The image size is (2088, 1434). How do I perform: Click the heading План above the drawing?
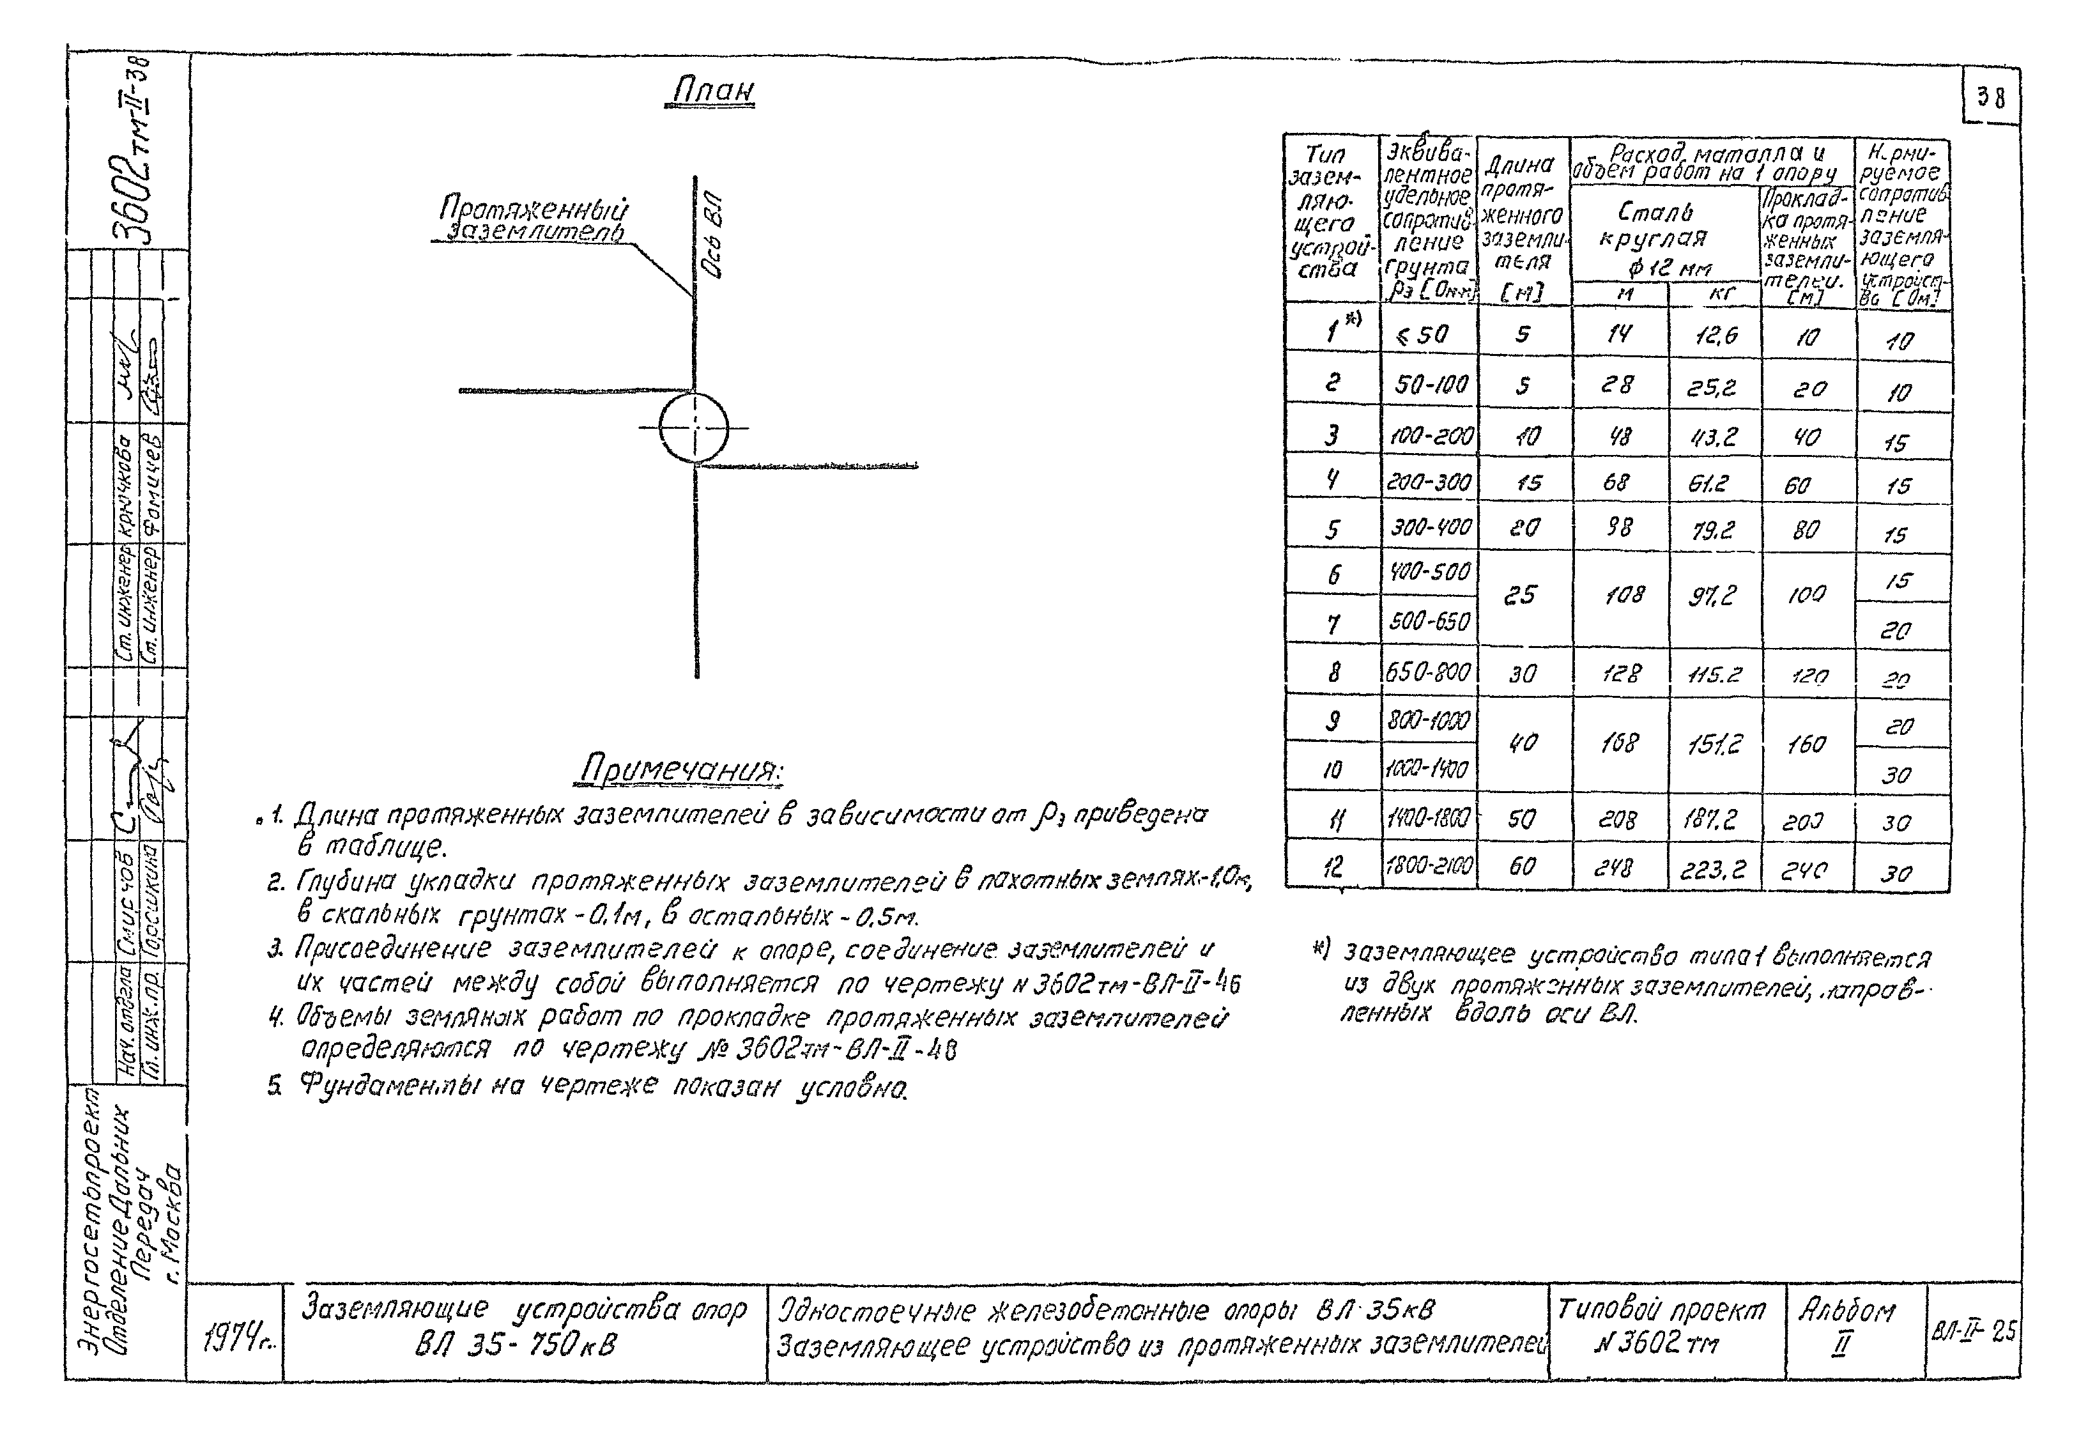click(712, 91)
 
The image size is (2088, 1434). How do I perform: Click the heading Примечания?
click(682, 770)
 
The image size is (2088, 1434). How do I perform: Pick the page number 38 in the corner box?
click(1991, 98)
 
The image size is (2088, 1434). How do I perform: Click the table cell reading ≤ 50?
click(1425, 335)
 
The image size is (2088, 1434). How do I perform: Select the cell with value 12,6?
click(1715, 336)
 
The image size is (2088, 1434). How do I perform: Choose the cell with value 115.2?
click(1714, 674)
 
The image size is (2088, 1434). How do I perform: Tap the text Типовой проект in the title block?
click(1661, 1311)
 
